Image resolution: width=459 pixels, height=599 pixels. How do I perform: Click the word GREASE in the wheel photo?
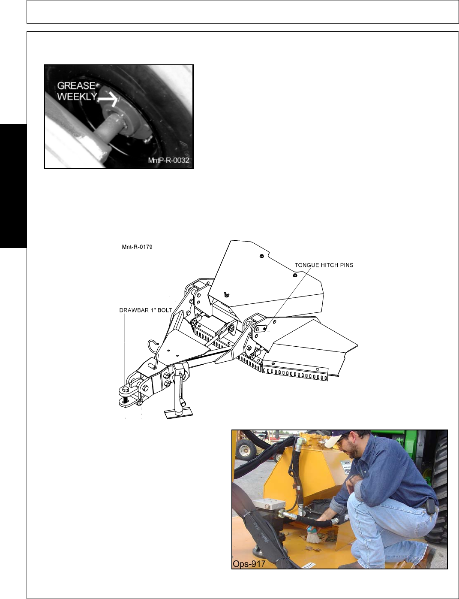coord(76,86)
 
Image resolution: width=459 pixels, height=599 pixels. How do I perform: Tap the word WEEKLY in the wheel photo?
coord(77,97)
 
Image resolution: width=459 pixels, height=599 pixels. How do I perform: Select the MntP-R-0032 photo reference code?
coord(168,160)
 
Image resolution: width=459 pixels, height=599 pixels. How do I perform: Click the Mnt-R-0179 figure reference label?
coord(137,247)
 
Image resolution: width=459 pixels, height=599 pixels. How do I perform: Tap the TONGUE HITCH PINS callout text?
coord(324,265)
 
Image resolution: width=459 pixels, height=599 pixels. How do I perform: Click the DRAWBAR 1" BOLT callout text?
coord(146,310)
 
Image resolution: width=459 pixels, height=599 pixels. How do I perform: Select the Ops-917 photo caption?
coord(249,563)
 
